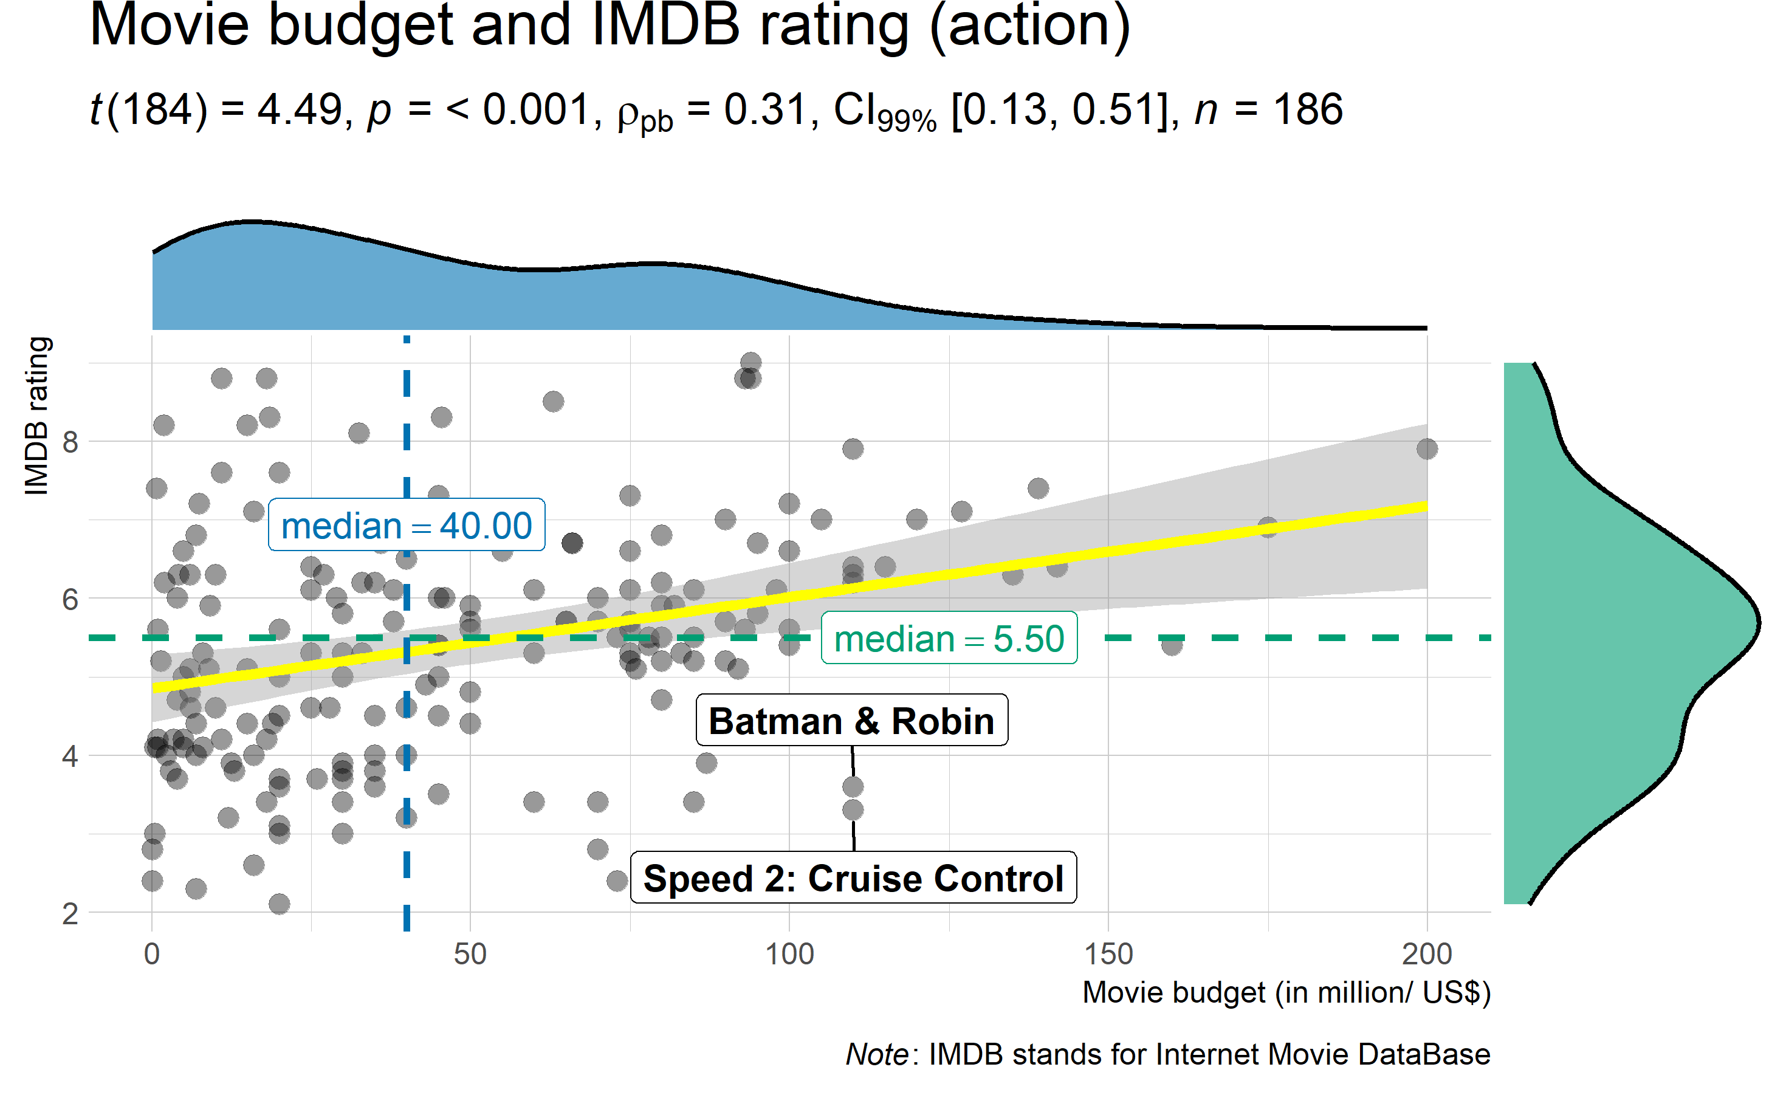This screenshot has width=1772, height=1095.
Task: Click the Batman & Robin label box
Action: tap(851, 721)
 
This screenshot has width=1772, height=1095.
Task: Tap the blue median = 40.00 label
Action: tap(407, 525)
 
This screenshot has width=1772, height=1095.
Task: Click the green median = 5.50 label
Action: tap(949, 638)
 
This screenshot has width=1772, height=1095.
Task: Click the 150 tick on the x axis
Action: tap(1108, 954)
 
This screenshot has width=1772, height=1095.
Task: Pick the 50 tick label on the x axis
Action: tap(470, 954)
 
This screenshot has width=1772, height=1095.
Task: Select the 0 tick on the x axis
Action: tap(151, 954)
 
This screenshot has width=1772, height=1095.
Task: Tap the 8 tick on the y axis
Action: tap(69, 441)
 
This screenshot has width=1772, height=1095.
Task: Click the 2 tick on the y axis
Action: tap(69, 914)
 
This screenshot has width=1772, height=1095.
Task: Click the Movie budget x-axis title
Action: tap(1285, 992)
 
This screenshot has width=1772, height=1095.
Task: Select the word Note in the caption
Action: tap(876, 1054)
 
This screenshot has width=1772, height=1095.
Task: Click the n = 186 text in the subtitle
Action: tap(1267, 110)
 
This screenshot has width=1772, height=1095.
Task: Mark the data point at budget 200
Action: tap(1427, 449)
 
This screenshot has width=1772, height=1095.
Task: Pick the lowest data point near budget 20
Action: tap(279, 904)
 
